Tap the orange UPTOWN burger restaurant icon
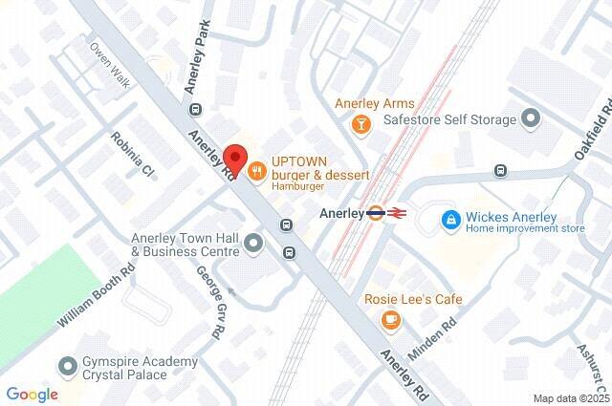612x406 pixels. point(256,171)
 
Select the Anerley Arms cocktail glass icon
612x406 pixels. point(361,123)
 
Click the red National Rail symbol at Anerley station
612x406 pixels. point(397,214)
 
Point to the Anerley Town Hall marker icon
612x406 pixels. point(253,245)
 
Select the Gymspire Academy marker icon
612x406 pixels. point(69,367)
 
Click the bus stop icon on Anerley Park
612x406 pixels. point(196,108)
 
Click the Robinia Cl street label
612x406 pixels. point(133,156)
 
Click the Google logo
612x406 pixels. point(32,394)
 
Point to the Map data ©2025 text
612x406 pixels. point(571,398)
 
